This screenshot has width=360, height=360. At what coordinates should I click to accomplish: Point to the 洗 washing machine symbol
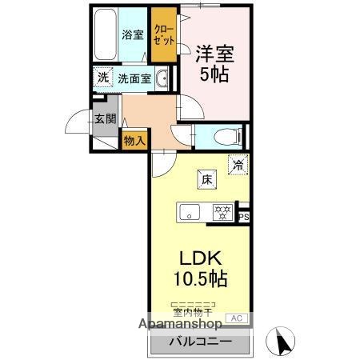[x=102, y=78]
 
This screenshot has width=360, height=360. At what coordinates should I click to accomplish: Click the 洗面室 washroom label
[x=134, y=78]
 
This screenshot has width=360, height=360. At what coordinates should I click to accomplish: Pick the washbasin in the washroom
[x=162, y=78]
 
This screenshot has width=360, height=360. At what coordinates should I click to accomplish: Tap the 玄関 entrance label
[x=105, y=118]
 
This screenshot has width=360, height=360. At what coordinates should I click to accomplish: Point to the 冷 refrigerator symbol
[x=238, y=164]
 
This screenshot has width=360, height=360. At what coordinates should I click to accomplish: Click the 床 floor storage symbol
[x=206, y=179]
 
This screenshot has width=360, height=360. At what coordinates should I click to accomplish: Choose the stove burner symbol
[x=222, y=212]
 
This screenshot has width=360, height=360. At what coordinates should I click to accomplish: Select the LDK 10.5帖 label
[x=200, y=269]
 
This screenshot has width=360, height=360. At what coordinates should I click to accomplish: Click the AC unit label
[x=237, y=318]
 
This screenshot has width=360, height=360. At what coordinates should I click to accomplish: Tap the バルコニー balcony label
[x=200, y=342]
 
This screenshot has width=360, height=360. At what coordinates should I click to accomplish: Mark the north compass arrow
[x=281, y=342]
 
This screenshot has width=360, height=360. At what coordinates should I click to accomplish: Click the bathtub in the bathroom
[x=104, y=36]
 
